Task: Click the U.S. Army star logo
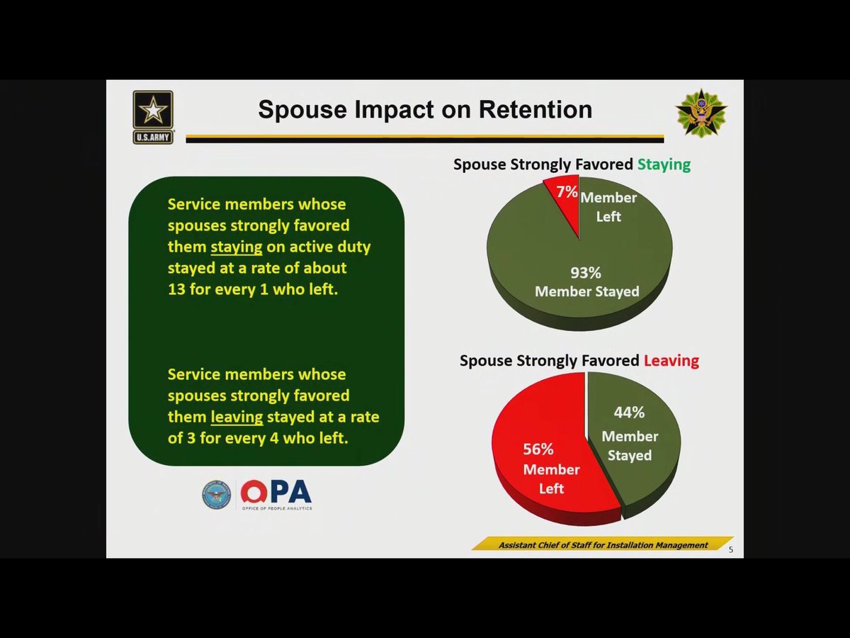click(153, 116)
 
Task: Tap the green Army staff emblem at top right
click(701, 113)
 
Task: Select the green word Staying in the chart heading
click(664, 164)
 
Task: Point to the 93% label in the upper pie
click(586, 273)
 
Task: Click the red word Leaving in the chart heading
click(671, 360)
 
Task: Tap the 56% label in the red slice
click(538, 449)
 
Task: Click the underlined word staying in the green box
click(237, 247)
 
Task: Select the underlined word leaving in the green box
click(237, 417)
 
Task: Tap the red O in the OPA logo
click(253, 492)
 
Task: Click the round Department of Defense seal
click(216, 495)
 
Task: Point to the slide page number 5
click(731, 550)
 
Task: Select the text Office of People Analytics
click(275, 508)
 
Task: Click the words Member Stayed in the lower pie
click(630, 446)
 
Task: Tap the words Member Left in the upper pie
click(608, 207)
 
